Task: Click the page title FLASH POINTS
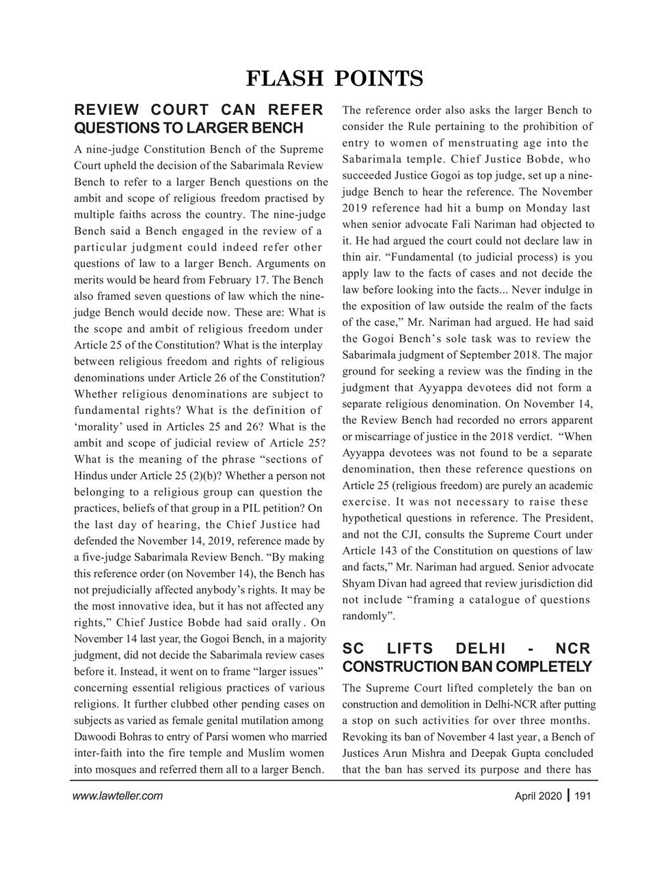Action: pyautogui.click(x=334, y=79)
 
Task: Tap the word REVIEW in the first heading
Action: pyautogui.click(x=107, y=110)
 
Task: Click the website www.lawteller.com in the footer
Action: pyautogui.click(x=117, y=795)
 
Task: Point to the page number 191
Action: pyautogui.click(x=583, y=795)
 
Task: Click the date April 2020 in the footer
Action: pyautogui.click(x=539, y=795)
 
